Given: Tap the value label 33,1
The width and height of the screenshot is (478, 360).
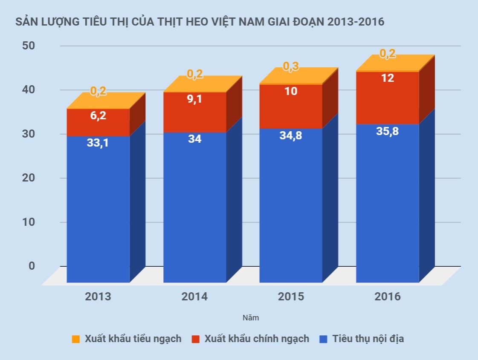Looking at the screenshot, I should click(98, 143).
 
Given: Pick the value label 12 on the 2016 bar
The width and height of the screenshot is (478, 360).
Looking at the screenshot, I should click(388, 78).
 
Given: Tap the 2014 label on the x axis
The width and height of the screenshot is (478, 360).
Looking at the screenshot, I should click(194, 297).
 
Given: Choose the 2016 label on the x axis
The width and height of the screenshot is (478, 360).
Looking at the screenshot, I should click(388, 297).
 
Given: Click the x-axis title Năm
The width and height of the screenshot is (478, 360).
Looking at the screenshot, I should click(251, 318).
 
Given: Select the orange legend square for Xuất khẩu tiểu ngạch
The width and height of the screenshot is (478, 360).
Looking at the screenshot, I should click(76, 340).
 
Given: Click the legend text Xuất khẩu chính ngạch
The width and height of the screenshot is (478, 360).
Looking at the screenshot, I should click(257, 339).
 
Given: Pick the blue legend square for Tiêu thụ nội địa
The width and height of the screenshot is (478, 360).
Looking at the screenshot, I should click(323, 340).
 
